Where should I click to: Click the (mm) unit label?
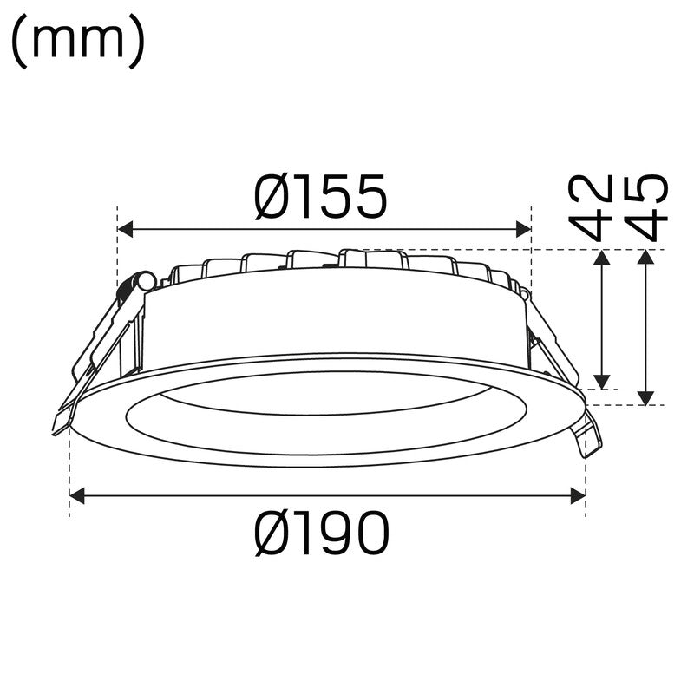(78, 43)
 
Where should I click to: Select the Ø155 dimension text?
(320, 197)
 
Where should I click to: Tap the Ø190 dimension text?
(322, 533)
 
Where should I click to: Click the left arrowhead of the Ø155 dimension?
(125, 229)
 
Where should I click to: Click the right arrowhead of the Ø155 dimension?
(523, 229)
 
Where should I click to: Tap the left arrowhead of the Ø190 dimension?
(77, 495)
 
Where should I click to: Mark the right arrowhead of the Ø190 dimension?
(578, 495)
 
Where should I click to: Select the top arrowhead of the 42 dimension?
(602, 258)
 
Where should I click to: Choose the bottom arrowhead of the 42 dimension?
(602, 382)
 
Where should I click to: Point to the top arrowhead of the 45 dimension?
(645, 258)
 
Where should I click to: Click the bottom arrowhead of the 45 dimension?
(645, 397)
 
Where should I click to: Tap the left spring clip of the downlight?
(95, 356)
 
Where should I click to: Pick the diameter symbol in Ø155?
(275, 197)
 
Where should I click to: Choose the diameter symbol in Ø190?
(275, 533)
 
